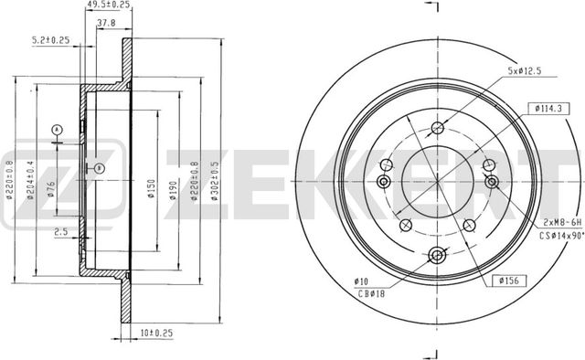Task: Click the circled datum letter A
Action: [x=58, y=129]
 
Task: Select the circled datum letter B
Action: [x=99, y=166]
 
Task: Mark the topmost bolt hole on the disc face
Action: [x=437, y=128]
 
